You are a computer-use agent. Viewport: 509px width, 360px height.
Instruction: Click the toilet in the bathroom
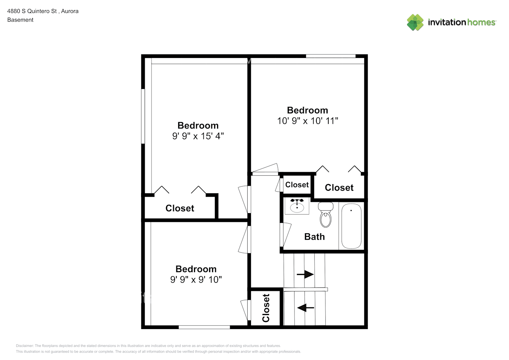coord(325,215)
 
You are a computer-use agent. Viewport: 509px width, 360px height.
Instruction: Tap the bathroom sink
coord(297,207)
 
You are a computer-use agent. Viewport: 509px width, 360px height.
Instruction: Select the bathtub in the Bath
coord(351,226)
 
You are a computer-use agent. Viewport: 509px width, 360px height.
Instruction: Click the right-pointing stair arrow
coord(305,274)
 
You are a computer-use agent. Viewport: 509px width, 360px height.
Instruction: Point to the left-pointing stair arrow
coord(306,308)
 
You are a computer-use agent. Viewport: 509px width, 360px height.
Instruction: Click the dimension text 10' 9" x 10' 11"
coord(307,121)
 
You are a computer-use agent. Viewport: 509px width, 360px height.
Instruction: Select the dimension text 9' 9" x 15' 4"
coord(198,136)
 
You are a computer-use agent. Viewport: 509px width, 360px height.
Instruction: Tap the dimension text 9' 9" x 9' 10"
coord(196,280)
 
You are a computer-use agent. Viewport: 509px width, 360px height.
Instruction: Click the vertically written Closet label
coord(266,308)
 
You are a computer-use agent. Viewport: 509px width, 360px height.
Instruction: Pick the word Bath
coord(314,237)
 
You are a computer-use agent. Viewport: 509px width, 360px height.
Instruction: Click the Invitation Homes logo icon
coord(415,22)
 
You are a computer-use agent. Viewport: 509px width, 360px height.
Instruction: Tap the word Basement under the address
coord(20,20)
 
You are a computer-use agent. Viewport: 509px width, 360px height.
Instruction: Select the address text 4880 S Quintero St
coord(32,11)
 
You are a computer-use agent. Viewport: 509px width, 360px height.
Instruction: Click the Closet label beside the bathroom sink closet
coord(297,185)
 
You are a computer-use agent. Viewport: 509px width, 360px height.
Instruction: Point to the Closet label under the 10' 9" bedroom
coord(339,188)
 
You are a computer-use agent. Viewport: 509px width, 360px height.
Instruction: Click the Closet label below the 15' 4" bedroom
coord(180,208)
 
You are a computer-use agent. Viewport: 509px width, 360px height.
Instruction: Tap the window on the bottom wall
coord(204,327)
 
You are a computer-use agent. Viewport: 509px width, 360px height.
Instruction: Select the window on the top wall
coord(330,56)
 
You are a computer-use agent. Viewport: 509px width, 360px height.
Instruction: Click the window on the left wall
coord(143,116)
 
